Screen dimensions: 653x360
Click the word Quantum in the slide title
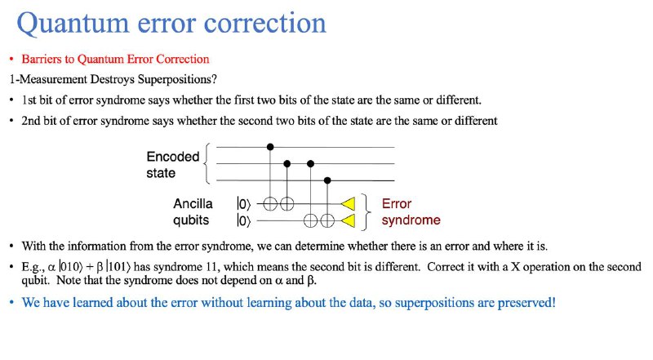(x=73, y=24)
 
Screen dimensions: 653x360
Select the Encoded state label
(x=173, y=165)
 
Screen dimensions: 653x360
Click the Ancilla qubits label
(x=193, y=211)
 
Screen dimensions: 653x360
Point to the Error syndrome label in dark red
(x=411, y=211)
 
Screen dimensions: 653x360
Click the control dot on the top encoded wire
(x=270, y=147)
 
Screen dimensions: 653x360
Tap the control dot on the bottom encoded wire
(x=327, y=180)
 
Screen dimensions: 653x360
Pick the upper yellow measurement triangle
(x=349, y=204)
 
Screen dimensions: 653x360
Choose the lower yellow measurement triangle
(x=349, y=220)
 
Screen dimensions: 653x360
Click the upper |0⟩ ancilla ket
(x=243, y=204)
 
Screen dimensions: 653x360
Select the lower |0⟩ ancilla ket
(x=243, y=220)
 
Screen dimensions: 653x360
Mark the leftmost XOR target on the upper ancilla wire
(x=270, y=204)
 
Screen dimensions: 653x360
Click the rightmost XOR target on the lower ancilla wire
(x=327, y=220)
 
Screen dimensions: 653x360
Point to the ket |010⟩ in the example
(x=69, y=266)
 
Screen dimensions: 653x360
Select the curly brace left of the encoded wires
(x=207, y=164)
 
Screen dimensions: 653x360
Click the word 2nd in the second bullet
(x=31, y=121)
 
